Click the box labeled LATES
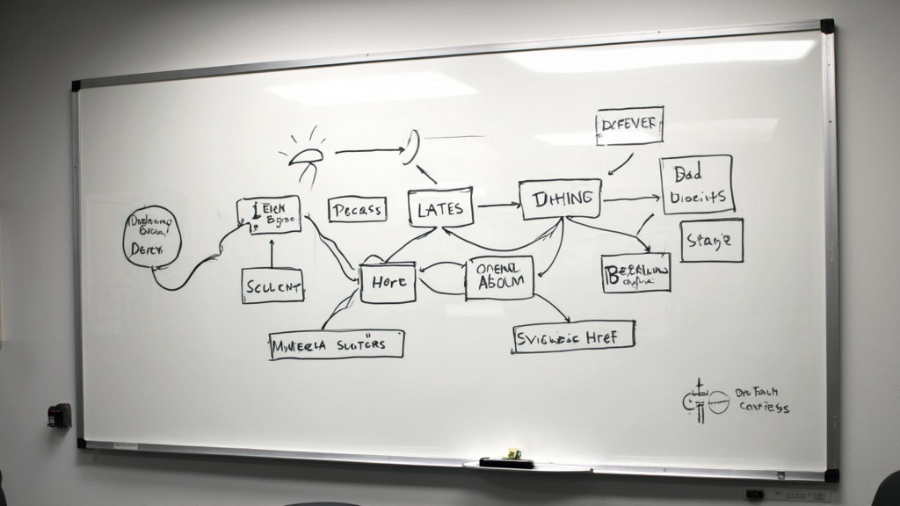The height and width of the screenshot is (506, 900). tap(440, 208)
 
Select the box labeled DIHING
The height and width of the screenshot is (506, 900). tap(560, 199)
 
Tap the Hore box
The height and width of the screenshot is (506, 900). tap(388, 282)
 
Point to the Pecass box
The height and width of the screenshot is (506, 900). tap(357, 210)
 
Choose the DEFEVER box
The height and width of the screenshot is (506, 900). tap(629, 126)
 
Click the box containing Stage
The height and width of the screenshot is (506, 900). tap(711, 241)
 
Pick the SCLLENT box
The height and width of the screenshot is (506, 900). tap(272, 286)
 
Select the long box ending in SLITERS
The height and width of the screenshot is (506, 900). tap(337, 344)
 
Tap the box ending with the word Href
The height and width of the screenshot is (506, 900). tap(573, 336)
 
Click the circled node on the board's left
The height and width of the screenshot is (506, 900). tap(152, 235)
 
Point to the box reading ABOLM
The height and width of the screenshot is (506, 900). tap(499, 278)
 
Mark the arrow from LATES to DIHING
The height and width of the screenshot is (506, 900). tap(497, 206)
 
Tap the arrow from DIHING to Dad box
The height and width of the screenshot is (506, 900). tap(631, 199)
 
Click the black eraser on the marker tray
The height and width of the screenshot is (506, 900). tap(506, 462)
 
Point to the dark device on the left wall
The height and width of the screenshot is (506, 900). tap(59, 415)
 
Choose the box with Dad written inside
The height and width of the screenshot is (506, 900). tap(697, 184)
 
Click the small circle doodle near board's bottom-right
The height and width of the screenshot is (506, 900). tap(718, 402)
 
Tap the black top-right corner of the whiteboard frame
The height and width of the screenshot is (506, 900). tap(827, 26)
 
